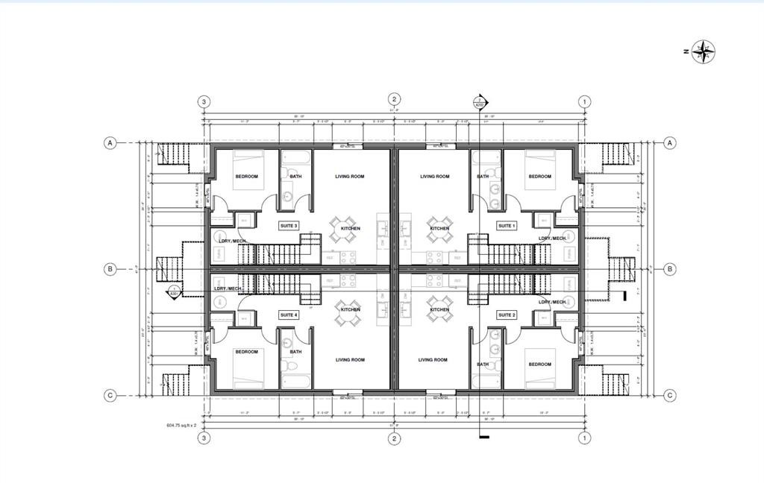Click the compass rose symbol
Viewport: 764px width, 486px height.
703,51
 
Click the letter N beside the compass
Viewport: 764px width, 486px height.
684,51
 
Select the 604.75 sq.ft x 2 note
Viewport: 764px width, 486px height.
181,426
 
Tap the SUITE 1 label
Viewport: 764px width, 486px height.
507,225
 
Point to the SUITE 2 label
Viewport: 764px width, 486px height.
507,315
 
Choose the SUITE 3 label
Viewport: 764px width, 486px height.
288,225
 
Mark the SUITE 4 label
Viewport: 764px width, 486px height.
288,315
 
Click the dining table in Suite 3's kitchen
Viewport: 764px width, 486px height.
344,229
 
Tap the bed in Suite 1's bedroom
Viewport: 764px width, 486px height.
539,168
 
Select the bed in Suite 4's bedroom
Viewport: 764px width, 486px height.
248,369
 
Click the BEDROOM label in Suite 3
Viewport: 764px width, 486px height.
246,177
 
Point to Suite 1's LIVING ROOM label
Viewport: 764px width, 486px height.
434,177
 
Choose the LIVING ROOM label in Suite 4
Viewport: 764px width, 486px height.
349,360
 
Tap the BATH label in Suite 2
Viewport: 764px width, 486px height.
483,364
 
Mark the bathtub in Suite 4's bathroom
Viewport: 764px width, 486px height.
295,382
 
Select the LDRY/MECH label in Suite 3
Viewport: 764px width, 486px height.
230,241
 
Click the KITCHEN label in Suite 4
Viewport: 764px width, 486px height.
350,309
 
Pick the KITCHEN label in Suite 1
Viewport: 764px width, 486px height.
439,229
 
